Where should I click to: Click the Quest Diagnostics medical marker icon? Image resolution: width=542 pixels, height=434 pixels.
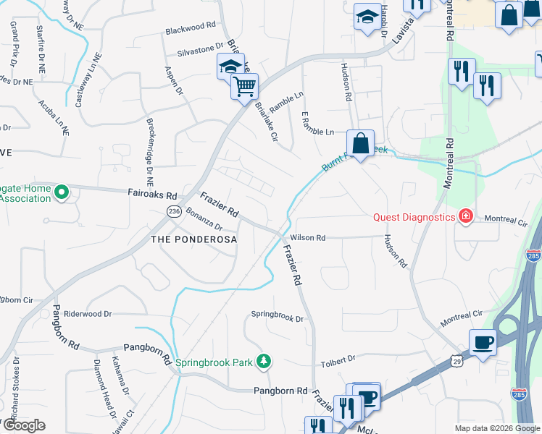[x=465, y=216]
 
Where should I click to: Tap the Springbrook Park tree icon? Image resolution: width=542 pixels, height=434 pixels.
[x=265, y=360]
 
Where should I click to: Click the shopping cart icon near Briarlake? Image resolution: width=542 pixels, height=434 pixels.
[x=245, y=87]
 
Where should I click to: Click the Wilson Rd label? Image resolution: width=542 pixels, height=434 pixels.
[x=308, y=238]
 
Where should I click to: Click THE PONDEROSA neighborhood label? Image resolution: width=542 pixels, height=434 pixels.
[x=193, y=239]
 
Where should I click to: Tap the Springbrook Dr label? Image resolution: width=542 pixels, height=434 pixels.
[x=277, y=315]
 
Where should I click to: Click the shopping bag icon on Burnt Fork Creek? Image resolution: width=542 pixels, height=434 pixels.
[x=360, y=142]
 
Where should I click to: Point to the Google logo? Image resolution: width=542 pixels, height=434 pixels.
[x=24, y=425]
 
